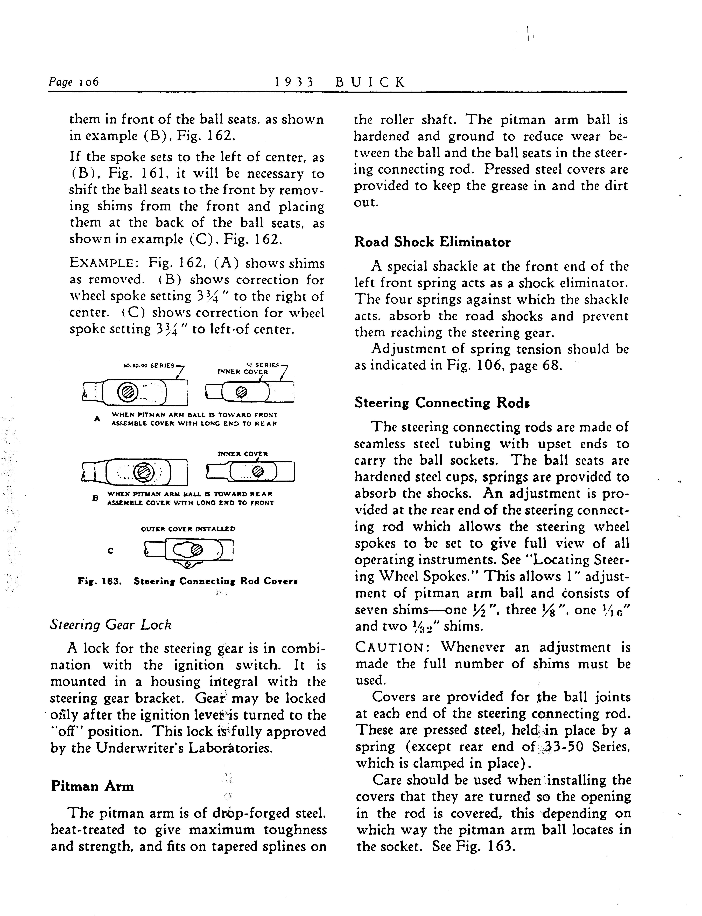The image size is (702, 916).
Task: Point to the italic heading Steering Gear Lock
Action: (x=111, y=625)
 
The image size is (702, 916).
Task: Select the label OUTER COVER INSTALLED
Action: (x=188, y=529)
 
